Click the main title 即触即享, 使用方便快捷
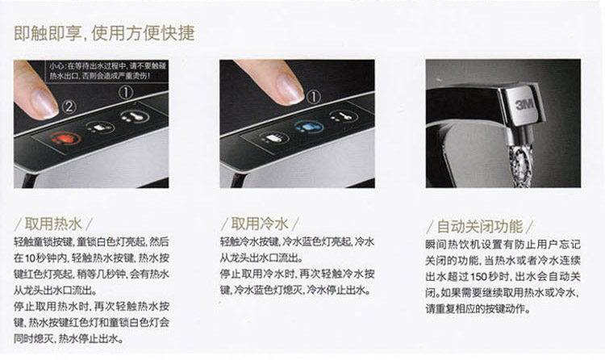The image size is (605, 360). click(x=104, y=33)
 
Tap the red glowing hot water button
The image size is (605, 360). click(x=65, y=137)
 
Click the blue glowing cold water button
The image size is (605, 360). click(x=308, y=126)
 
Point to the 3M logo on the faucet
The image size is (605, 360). click(x=525, y=103)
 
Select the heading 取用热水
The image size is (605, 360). click(x=53, y=224)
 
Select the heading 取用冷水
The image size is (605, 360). click(x=260, y=224)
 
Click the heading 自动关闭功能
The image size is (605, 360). click(x=480, y=226)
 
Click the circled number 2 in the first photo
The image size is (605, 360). click(x=69, y=107)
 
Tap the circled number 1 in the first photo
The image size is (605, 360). click(x=126, y=92)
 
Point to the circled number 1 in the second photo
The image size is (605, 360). click(x=313, y=97)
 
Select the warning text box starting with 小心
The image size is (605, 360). click(x=106, y=70)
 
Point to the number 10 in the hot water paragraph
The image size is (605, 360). click(x=30, y=258)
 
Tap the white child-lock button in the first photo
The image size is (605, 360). click(x=99, y=127)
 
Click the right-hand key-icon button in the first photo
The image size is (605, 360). click(x=134, y=116)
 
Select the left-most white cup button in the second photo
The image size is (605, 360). click(x=274, y=137)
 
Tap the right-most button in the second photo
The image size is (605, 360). click(x=343, y=116)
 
